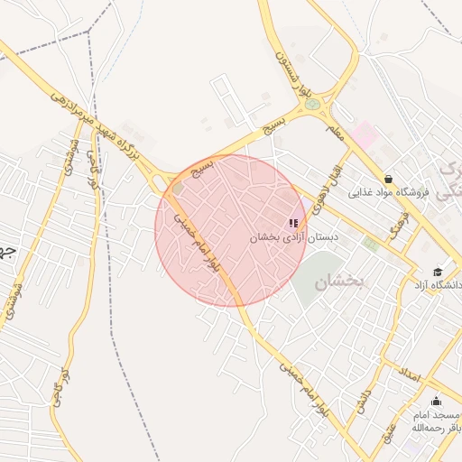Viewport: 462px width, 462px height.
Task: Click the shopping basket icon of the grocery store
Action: [388, 179]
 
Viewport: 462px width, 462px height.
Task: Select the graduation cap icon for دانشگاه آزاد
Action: [438, 272]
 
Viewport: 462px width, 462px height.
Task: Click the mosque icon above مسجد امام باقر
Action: [437, 401]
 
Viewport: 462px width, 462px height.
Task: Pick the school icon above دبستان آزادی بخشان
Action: [292, 222]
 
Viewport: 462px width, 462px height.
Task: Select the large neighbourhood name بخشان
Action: [341, 282]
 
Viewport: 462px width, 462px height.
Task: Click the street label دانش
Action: [363, 397]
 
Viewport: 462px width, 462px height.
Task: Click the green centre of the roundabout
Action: [313, 104]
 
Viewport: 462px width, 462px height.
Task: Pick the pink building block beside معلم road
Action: [365, 136]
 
